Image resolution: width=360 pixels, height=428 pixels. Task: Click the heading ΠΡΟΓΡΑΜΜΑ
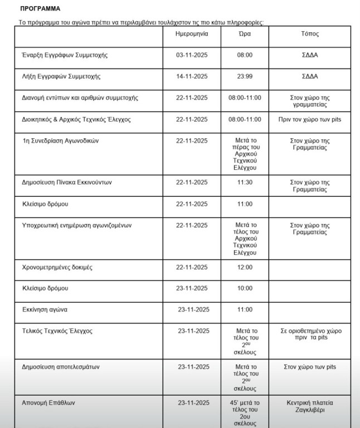point(40,9)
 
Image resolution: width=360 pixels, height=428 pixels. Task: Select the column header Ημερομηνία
point(192,34)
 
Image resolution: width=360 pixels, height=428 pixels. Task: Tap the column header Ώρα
point(245,34)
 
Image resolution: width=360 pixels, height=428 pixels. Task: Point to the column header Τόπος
point(309,34)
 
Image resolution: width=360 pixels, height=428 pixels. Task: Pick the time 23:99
point(245,76)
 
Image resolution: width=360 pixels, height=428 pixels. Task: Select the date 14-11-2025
point(192,76)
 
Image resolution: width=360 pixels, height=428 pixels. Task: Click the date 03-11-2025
point(192,55)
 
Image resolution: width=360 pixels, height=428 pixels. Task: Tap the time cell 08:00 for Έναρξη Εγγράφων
point(245,55)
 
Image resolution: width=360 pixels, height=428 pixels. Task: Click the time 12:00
point(245,267)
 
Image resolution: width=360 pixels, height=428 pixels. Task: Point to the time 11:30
point(245,182)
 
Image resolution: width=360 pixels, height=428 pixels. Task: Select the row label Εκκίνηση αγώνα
point(45,309)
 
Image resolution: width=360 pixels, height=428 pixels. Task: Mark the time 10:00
point(245,289)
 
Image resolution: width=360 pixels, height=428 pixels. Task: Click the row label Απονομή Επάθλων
point(48,402)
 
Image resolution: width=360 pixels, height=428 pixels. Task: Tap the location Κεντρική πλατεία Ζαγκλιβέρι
point(309,406)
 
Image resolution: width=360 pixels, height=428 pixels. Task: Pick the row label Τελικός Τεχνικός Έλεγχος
point(57,331)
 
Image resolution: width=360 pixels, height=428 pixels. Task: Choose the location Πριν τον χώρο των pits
point(309,119)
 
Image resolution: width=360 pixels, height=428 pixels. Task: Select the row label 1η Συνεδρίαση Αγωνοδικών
point(61,141)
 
